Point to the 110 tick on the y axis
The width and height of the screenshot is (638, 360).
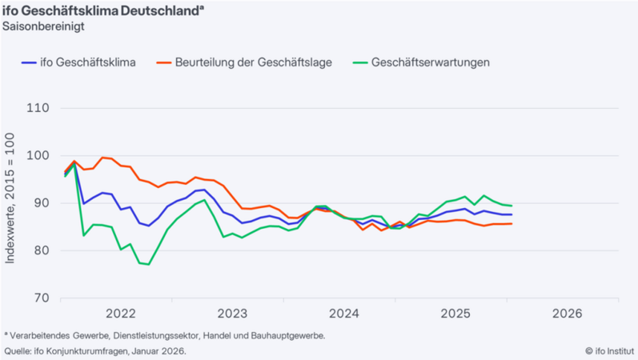tap(38, 108)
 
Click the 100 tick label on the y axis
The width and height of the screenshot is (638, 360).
tap(38, 156)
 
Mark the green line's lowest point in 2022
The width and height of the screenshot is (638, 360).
tap(149, 264)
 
